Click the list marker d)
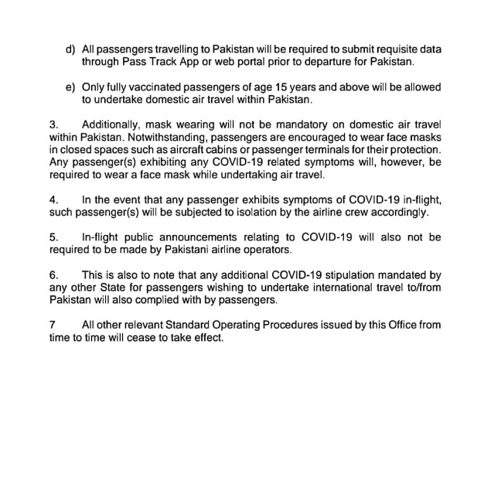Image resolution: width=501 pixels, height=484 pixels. click(x=70, y=49)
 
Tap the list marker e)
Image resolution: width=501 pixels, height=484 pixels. click(x=70, y=89)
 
